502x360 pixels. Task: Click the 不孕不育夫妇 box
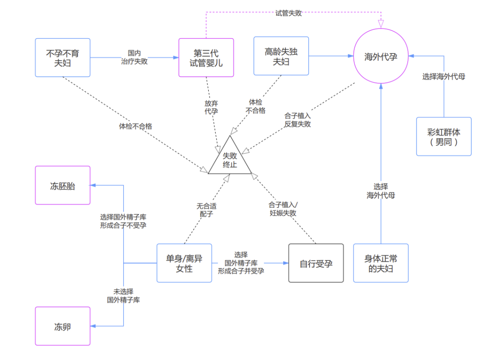pyautogui.click(x=62, y=57)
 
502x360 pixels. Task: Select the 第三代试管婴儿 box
pyautogui.click(x=206, y=57)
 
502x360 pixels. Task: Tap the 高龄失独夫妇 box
pyautogui.click(x=281, y=56)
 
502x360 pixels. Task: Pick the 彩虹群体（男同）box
pyautogui.click(x=443, y=136)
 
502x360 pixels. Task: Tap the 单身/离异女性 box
pyautogui.click(x=184, y=263)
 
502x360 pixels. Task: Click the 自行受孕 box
pyautogui.click(x=316, y=263)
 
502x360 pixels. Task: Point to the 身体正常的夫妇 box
pyautogui.click(x=381, y=263)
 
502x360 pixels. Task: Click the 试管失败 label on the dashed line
pyautogui.click(x=288, y=13)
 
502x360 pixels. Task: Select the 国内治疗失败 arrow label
pyautogui.click(x=131, y=57)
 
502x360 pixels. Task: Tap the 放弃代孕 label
pyautogui.click(x=211, y=107)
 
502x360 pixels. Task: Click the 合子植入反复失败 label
pyautogui.click(x=298, y=120)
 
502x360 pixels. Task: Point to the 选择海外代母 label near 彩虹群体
pyautogui.click(x=443, y=77)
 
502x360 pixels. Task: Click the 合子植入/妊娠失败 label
pyautogui.click(x=283, y=209)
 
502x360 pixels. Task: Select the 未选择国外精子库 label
pyautogui.click(x=123, y=295)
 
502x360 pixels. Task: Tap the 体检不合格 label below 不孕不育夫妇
pyautogui.click(x=135, y=126)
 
